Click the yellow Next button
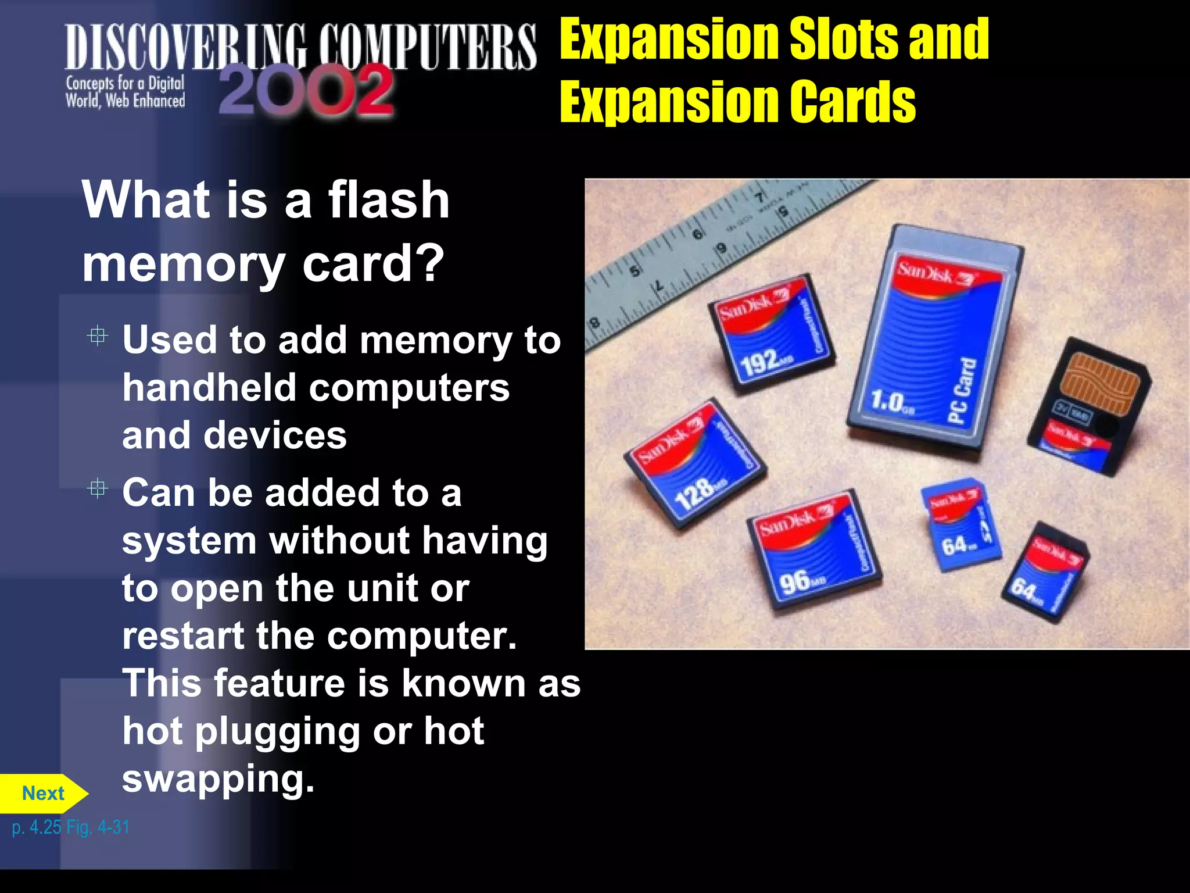(43, 794)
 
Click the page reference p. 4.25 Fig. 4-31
(70, 827)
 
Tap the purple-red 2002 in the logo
(306, 91)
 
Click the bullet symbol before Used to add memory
(98, 336)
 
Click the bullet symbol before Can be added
(98, 489)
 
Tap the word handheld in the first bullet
(209, 388)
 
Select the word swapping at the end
(218, 778)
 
